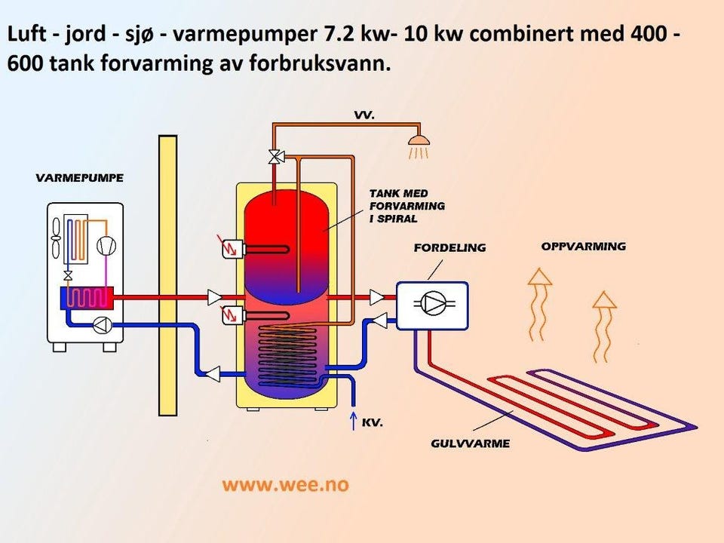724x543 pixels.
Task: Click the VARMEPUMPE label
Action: pos(79,178)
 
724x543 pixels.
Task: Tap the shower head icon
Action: pos(419,141)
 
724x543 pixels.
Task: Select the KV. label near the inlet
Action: pos(373,423)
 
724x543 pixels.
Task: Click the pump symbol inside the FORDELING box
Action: pos(432,304)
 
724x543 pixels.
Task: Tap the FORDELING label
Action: pos(449,247)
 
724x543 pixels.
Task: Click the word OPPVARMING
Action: pos(583,247)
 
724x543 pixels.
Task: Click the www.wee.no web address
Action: pos(285,484)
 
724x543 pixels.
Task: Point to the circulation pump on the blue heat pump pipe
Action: pos(103,325)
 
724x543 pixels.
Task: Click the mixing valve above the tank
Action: pos(275,157)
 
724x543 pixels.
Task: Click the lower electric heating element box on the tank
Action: pos(232,315)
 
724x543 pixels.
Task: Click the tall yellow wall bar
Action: pos(167,275)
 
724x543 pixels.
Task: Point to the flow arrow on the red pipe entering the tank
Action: pos(216,297)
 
